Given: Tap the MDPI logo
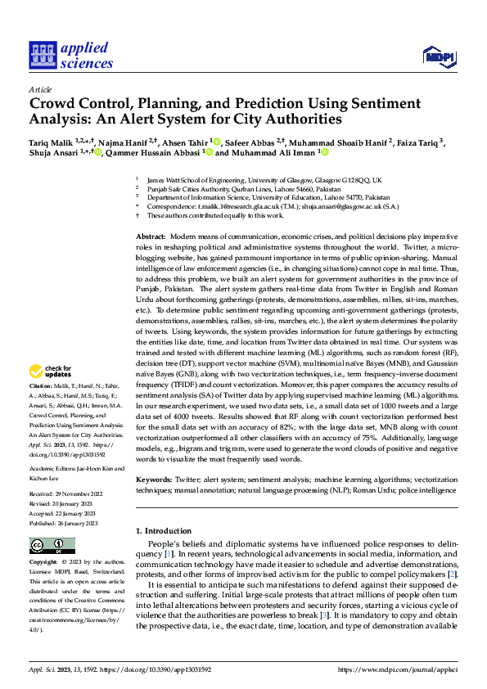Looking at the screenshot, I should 437,56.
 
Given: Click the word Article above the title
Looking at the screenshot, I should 40,89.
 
